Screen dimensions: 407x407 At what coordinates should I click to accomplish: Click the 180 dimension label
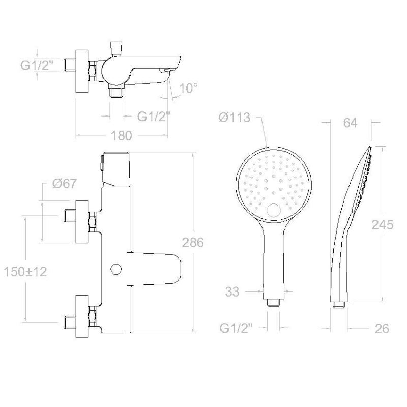122,136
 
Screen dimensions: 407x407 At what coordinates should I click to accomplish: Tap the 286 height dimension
193,243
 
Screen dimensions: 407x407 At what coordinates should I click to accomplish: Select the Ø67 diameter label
65,184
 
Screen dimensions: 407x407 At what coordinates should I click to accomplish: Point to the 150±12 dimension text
25,272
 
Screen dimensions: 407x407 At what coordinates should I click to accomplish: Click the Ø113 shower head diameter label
235,118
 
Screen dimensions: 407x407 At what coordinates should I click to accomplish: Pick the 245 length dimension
383,225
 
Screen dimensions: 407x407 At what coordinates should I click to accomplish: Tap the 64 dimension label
350,123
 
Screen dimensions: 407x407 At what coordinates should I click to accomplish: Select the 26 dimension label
382,329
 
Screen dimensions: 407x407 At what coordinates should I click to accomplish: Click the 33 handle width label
232,292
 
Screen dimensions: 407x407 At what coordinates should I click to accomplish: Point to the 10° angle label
189,88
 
